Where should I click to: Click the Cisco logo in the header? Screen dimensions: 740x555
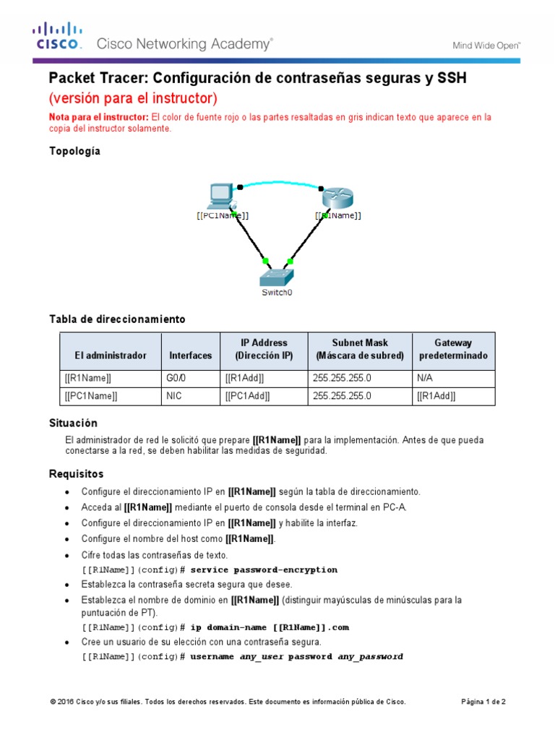(x=56, y=37)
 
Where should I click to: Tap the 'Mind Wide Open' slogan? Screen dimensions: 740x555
(x=486, y=45)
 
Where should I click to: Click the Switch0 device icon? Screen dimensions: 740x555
(x=277, y=275)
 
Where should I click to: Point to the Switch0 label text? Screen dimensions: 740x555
(x=277, y=293)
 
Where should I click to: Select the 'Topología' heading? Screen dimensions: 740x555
(x=74, y=151)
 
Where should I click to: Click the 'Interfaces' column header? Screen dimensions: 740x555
(x=190, y=356)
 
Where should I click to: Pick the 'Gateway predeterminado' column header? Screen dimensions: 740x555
(x=453, y=349)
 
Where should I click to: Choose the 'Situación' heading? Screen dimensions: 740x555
(x=72, y=423)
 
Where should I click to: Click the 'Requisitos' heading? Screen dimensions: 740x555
(x=76, y=474)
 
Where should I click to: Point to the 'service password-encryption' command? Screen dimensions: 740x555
(x=264, y=569)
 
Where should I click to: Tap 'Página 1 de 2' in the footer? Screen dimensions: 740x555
(x=483, y=702)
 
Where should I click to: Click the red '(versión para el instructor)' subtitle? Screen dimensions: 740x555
(x=132, y=98)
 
